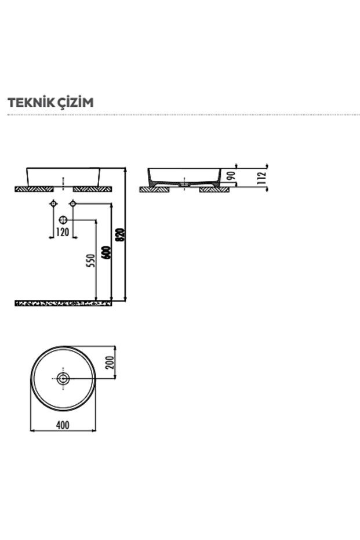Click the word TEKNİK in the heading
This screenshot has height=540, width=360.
point(28,103)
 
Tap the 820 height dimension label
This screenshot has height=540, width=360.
point(120,234)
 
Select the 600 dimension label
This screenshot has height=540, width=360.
point(106,253)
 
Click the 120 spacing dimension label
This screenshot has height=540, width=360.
point(62,233)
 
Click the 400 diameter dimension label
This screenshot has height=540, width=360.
point(63,425)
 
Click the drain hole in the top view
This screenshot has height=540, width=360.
point(63,379)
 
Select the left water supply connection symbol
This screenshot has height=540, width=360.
point(53,204)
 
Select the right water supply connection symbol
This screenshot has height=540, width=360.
point(72,204)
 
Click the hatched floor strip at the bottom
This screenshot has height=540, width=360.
point(63,303)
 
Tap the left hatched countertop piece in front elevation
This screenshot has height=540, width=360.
point(34,189)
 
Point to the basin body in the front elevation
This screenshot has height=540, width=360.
point(63,176)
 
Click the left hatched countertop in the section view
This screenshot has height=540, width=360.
point(154,189)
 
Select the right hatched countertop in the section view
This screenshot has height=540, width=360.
point(214,189)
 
